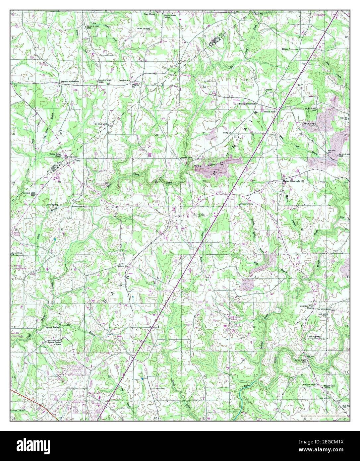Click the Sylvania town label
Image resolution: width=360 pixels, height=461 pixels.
click(x=199, y=215)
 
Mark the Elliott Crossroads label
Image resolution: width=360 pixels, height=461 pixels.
click(x=290, y=49)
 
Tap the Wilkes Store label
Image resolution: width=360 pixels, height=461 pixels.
click(x=270, y=112)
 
